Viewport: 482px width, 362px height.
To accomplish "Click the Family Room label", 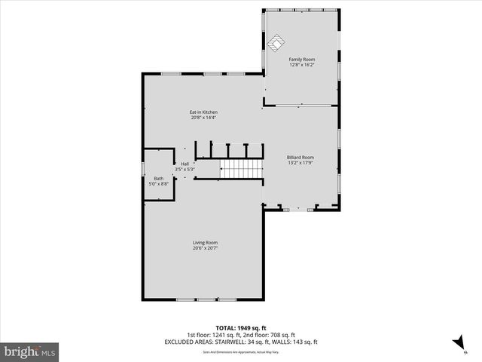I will (x=301, y=59).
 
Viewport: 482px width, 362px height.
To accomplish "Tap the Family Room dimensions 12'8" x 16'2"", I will (x=301, y=65).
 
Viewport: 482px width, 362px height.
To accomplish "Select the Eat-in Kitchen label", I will (x=203, y=112).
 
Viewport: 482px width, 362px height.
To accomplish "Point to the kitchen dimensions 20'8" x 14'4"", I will (x=203, y=118).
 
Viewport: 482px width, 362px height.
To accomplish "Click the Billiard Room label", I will (x=300, y=157).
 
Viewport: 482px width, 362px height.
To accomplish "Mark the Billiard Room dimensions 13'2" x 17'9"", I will (x=300, y=163).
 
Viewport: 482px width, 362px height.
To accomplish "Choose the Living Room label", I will (x=205, y=242).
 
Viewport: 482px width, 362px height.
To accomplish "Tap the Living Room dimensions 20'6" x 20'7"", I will (x=205, y=248).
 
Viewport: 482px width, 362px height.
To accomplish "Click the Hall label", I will (x=185, y=164).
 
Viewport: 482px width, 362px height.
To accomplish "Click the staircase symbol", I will (x=240, y=168).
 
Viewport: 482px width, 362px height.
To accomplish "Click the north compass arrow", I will (x=458, y=343).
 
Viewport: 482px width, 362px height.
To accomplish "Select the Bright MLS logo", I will (x=30, y=351).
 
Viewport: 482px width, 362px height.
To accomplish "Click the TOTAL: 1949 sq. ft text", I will (x=241, y=328).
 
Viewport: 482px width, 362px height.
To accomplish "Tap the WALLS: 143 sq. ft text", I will (x=294, y=342).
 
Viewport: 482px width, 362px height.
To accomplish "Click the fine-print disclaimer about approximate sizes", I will (x=241, y=351).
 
